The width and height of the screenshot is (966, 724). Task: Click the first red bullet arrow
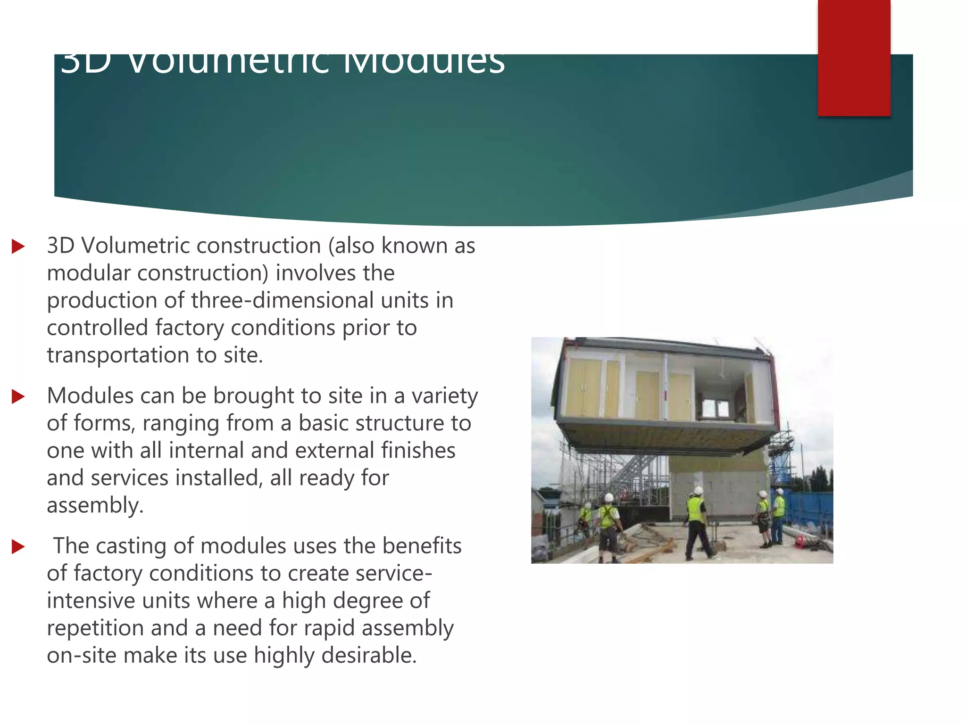[18, 246]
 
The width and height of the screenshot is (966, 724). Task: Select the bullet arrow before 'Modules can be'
[18, 396]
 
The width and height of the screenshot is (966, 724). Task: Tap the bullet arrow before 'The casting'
[18, 547]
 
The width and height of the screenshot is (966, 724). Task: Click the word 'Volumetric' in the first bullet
[135, 246]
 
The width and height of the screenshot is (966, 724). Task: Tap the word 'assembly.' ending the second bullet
[95, 505]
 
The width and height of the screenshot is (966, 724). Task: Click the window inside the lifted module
[716, 407]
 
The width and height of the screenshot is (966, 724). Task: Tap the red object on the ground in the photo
[799, 541]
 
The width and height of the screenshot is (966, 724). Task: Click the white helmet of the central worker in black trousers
[699, 491]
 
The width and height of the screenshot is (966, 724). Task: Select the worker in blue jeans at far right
[779, 516]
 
